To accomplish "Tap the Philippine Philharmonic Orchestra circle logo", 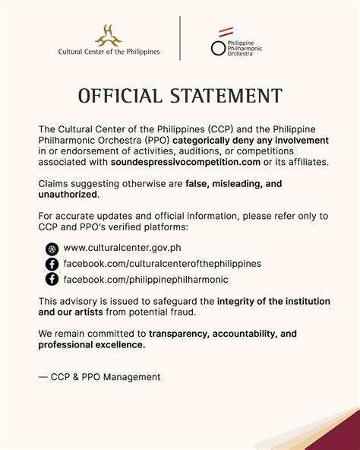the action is [218, 48].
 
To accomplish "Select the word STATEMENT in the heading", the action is [226, 97].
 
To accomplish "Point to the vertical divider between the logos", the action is [180, 38].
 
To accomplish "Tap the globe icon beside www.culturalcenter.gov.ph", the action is [52, 248].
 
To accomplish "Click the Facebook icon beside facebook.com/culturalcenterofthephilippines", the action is [52, 264].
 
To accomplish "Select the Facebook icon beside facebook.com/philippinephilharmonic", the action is [52, 279].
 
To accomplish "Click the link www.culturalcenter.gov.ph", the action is [122, 248].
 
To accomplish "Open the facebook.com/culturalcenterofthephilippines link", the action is [162, 264].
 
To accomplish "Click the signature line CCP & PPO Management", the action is [99, 377].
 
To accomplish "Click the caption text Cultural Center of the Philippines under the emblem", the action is [109, 52].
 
